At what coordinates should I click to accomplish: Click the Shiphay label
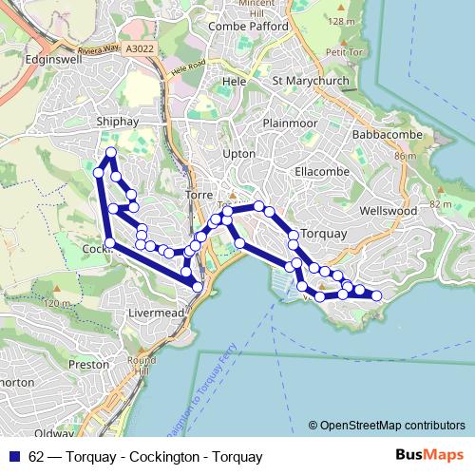(120, 122)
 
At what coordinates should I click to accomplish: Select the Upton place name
(237, 153)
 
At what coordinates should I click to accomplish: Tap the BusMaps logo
(429, 456)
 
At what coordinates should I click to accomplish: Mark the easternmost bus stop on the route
(377, 296)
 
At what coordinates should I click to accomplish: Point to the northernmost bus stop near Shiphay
(111, 153)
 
